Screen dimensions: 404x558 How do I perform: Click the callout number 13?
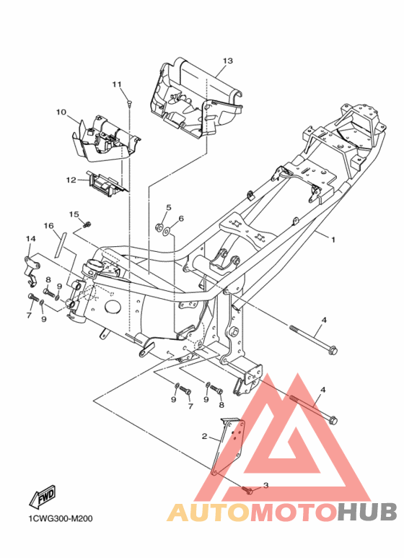[x=227, y=61]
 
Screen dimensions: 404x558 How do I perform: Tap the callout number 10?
[x=61, y=112]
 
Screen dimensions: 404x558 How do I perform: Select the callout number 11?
[x=117, y=84]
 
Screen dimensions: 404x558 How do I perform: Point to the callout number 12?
[x=71, y=180]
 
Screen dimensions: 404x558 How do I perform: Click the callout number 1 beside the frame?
[x=333, y=240]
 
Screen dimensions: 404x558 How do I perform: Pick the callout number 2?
[x=204, y=436]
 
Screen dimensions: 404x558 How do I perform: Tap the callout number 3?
[x=265, y=485]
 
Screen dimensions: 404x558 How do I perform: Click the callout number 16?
[x=49, y=226]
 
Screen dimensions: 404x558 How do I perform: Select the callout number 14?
[x=30, y=238]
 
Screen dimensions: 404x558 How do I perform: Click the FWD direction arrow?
[x=43, y=495]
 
